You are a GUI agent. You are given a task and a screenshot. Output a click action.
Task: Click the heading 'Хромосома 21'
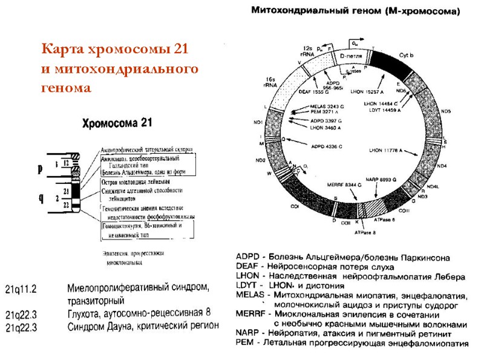click(117, 122)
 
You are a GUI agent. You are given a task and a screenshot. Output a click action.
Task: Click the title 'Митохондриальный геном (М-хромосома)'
click(355, 10)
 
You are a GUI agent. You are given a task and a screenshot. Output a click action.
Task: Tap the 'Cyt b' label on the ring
click(406, 56)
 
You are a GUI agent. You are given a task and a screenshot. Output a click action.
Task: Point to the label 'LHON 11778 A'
click(385, 149)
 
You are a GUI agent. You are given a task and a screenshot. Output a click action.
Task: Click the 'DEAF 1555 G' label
click(314, 92)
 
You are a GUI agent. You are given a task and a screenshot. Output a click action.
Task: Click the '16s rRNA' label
click(270, 82)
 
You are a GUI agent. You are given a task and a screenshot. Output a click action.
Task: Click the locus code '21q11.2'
click(21, 286)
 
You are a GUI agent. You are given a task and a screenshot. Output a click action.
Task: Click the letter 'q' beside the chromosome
click(40, 197)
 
